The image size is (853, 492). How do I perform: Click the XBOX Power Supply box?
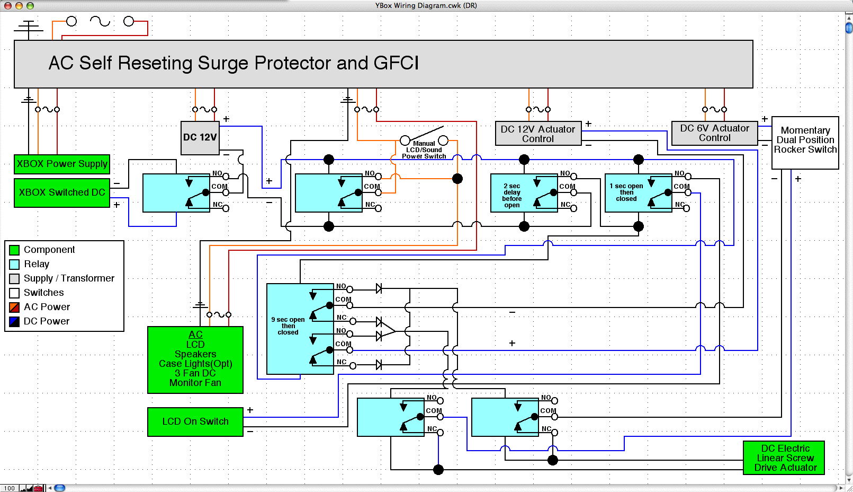tap(62, 164)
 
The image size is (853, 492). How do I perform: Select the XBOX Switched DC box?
tap(62, 192)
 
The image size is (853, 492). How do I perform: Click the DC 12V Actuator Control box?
tap(538, 134)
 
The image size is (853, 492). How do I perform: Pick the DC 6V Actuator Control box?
tap(714, 133)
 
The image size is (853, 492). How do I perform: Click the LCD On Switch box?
tap(195, 421)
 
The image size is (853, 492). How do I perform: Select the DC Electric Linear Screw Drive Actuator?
tap(784, 458)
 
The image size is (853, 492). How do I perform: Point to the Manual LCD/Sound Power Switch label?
tap(424, 150)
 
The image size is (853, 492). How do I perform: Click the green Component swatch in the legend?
tap(15, 250)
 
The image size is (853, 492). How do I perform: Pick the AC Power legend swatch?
tap(15, 307)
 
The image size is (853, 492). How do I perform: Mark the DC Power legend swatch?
tap(15, 321)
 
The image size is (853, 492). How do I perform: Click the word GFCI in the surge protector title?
tap(396, 63)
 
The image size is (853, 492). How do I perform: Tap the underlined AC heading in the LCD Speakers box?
tap(195, 335)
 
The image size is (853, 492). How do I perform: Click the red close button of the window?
tap(7, 5)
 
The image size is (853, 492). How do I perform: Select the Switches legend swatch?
tap(15, 293)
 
